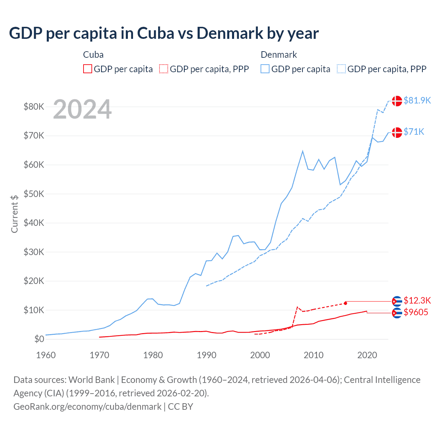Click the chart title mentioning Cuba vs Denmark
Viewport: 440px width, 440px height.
pos(164,33)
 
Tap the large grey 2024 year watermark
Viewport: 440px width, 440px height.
pos(82,109)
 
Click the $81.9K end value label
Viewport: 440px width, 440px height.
pos(417,100)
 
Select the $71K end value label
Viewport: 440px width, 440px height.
pos(414,132)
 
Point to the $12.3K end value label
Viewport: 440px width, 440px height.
pos(417,300)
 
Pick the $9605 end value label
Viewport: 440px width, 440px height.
pos(416,312)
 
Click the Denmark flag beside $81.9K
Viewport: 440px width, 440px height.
pos(397,101)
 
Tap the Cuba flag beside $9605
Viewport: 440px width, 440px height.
pos(397,313)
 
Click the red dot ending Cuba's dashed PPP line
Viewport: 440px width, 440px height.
pos(345,303)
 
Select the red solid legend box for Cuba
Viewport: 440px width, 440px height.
pos(88,69)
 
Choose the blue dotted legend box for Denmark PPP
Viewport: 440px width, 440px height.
pos(341,69)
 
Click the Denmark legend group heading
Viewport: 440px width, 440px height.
pos(279,55)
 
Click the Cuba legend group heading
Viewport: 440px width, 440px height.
pos(93,55)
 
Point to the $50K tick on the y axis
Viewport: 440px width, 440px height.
pos(34,194)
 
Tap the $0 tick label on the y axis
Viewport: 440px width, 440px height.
pos(39,339)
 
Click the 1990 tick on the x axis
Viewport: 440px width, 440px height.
pos(207,355)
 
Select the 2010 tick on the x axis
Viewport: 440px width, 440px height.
pos(313,355)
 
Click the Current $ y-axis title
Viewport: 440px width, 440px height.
pos(14,214)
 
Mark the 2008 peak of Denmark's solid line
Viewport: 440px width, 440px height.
pos(302,151)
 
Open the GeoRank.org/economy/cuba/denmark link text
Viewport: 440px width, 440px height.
pos(87,407)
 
